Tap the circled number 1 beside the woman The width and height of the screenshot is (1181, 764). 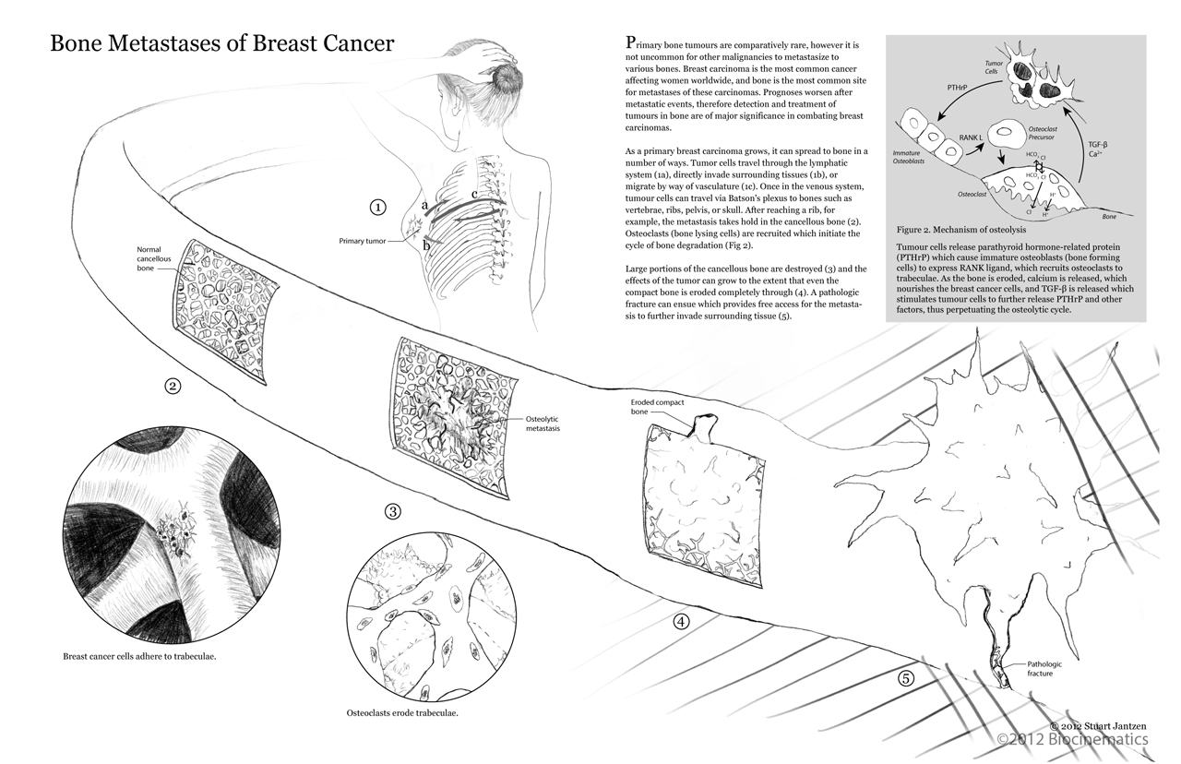pos(376,207)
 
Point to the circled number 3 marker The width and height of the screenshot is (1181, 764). pos(393,511)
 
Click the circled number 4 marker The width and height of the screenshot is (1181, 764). pos(681,621)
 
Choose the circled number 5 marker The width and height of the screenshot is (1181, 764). pos(906,678)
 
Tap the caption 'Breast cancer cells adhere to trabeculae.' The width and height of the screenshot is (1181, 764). pos(146,656)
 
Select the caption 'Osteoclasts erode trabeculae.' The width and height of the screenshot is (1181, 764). pos(402,713)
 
